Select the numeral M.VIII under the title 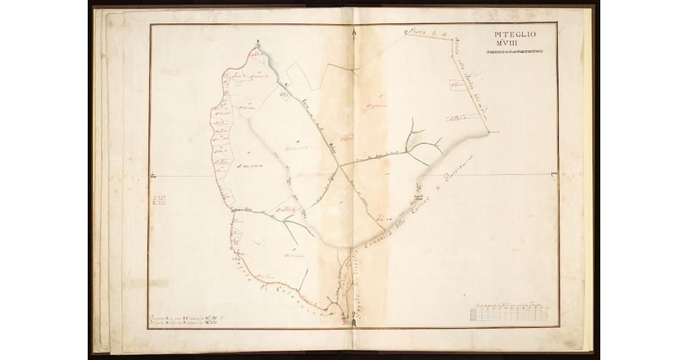(x=514, y=44)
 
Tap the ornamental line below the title (x=514, y=52)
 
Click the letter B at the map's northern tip (x=259, y=41)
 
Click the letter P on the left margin (x=153, y=177)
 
